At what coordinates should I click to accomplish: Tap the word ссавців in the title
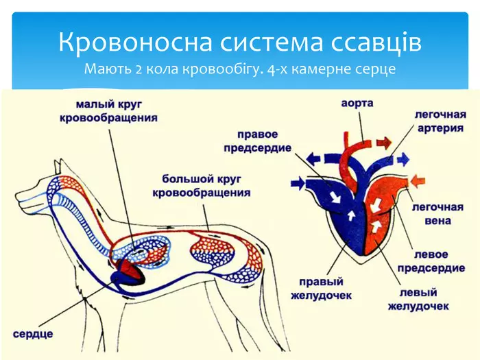[371, 43]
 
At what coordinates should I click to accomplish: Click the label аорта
[357, 104]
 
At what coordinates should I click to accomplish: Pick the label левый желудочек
[418, 299]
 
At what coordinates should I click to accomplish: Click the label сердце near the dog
[33, 334]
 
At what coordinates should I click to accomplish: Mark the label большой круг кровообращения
[201, 186]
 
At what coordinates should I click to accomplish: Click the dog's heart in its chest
[128, 270]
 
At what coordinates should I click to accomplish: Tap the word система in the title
[263, 43]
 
